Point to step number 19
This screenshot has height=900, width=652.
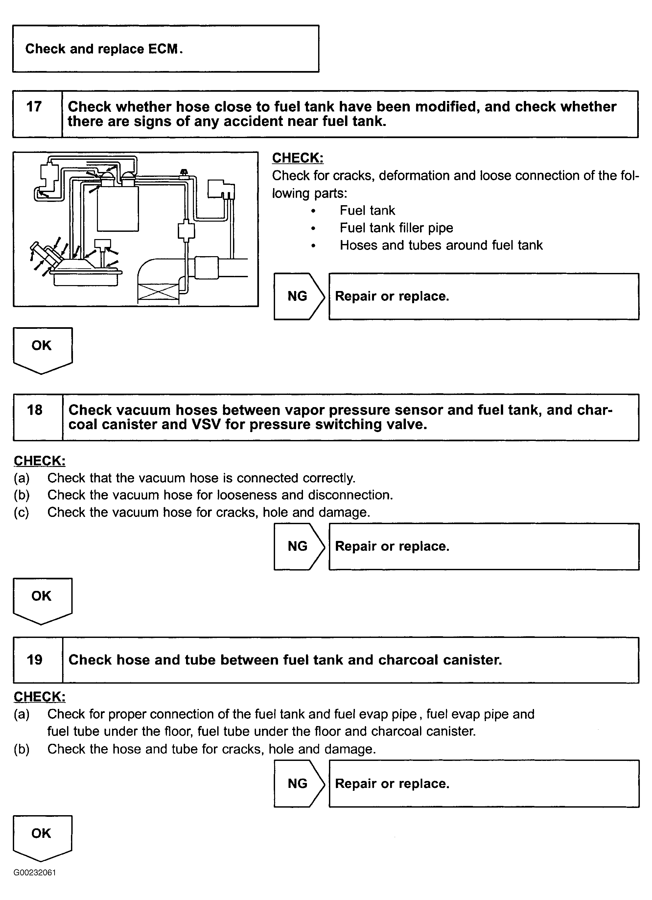point(35,660)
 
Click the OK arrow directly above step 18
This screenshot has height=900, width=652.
point(42,348)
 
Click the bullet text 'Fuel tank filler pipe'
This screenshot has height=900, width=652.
point(396,228)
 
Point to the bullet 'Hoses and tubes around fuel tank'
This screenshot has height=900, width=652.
point(441,245)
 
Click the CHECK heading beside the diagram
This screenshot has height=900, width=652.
point(297,158)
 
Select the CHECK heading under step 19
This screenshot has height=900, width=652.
point(39,697)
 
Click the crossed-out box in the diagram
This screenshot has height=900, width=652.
point(158,293)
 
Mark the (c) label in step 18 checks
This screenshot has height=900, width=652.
point(21,512)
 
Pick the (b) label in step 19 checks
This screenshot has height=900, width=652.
point(21,749)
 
